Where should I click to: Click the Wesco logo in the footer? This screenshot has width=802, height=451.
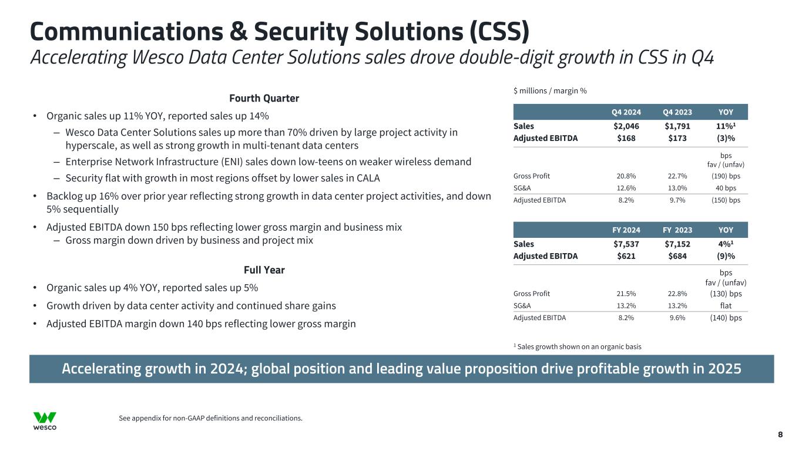coord(45,420)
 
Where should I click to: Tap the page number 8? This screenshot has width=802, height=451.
coord(780,435)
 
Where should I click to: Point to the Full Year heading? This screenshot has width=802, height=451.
coord(264,270)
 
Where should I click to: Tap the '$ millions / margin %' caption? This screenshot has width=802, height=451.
coord(550,90)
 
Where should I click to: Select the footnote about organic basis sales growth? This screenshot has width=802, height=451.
coord(578,346)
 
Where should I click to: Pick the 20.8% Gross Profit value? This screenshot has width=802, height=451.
coord(628,176)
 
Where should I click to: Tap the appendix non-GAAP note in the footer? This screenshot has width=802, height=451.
coord(210,418)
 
